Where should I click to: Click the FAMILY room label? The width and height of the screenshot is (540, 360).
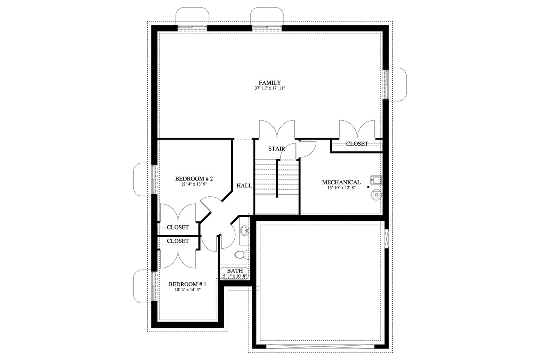click(x=270, y=83)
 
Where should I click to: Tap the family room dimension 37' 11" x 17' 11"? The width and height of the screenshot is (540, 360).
click(x=270, y=88)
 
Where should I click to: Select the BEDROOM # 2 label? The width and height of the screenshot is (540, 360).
click(x=194, y=179)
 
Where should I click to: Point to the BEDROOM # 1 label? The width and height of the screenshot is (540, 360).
click(x=188, y=284)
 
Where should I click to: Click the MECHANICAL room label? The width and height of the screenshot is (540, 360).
click(x=341, y=182)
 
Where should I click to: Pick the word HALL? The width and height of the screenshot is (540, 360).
click(x=244, y=185)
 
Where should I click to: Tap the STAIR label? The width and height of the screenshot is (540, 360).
click(x=277, y=148)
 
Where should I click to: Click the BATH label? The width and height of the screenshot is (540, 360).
click(x=235, y=271)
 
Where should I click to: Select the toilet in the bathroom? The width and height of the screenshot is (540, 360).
click(x=241, y=255)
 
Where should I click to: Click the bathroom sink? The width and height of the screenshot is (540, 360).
click(x=245, y=231)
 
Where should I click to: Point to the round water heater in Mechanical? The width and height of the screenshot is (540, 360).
click(x=376, y=195)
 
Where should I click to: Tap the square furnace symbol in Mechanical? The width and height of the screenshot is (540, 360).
click(x=376, y=180)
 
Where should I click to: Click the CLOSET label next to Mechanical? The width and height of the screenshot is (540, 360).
click(x=357, y=144)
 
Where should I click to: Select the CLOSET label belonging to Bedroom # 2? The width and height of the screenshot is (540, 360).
click(x=178, y=227)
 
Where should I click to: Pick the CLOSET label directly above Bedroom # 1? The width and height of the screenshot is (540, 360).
click(x=178, y=241)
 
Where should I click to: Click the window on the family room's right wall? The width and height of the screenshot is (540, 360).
click(x=385, y=84)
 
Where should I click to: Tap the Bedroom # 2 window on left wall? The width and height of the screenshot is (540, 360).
click(x=154, y=179)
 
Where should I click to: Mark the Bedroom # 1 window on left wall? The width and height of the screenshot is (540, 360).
click(x=154, y=286)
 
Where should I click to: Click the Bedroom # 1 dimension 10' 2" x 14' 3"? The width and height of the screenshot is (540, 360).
click(x=188, y=290)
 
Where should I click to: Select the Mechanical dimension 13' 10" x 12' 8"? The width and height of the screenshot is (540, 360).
click(x=341, y=188)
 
